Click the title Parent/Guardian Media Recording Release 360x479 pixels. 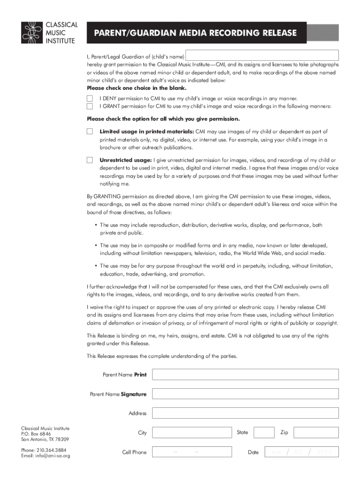pos(195,33)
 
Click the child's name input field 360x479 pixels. pos(262,55)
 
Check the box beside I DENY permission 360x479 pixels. pos(90,98)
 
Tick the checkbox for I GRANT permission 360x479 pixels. pos(90,106)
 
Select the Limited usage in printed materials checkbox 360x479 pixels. pos(90,131)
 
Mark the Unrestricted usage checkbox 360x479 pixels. pos(90,160)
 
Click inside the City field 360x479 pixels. pos(192,433)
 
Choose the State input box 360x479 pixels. pos(264,433)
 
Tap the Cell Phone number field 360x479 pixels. pos(192,452)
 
